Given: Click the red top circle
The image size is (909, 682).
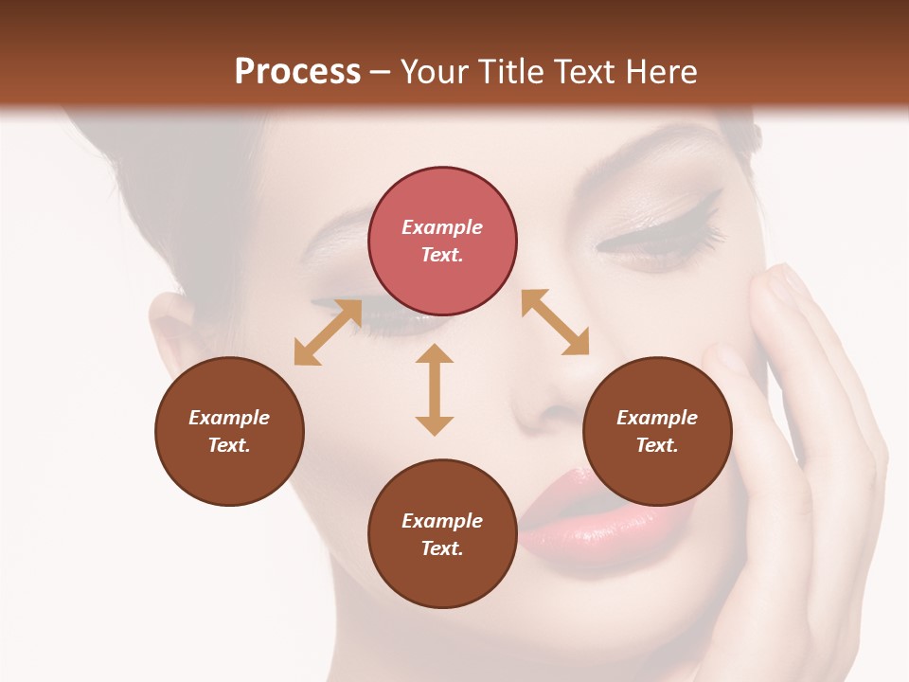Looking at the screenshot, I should (x=442, y=241).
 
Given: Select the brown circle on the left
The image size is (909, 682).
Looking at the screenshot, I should (x=229, y=431).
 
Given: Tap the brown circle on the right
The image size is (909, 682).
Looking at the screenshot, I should (x=657, y=431).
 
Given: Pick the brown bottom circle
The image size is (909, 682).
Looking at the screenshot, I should (x=442, y=533).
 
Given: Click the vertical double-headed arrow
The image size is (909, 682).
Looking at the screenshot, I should (x=435, y=389).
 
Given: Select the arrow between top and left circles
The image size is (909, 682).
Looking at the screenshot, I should (x=328, y=332).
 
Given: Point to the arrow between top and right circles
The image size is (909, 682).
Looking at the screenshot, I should (x=555, y=322).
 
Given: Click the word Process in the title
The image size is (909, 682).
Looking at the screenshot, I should (x=297, y=71).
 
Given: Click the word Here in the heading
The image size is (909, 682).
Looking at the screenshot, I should (x=660, y=71).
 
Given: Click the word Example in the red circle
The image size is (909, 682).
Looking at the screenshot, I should (x=442, y=227).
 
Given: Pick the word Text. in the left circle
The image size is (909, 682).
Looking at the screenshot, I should (x=229, y=445).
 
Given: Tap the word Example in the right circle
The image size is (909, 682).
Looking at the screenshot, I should (x=657, y=418).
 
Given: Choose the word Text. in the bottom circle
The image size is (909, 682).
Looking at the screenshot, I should (x=442, y=548).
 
